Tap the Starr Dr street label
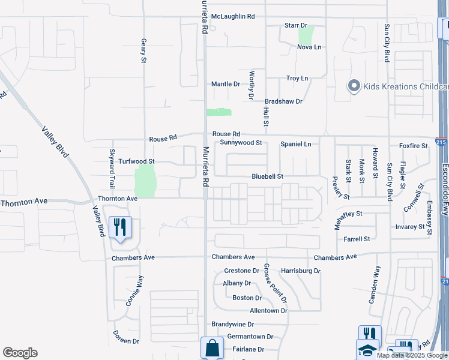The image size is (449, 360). [295, 26]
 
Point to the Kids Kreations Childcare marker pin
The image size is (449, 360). [354, 86]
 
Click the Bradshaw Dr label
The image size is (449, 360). [283, 101]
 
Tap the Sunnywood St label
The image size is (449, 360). [241, 143]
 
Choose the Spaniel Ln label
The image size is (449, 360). [296, 145]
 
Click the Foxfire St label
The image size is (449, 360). [412, 146]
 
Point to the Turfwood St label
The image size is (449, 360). [136, 161]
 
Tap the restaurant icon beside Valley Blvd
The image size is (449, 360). [121, 227]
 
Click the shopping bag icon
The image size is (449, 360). [212, 347]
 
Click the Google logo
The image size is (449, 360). [20, 353]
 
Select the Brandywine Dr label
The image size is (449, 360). [234, 324]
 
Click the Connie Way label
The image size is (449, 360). [134, 291]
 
